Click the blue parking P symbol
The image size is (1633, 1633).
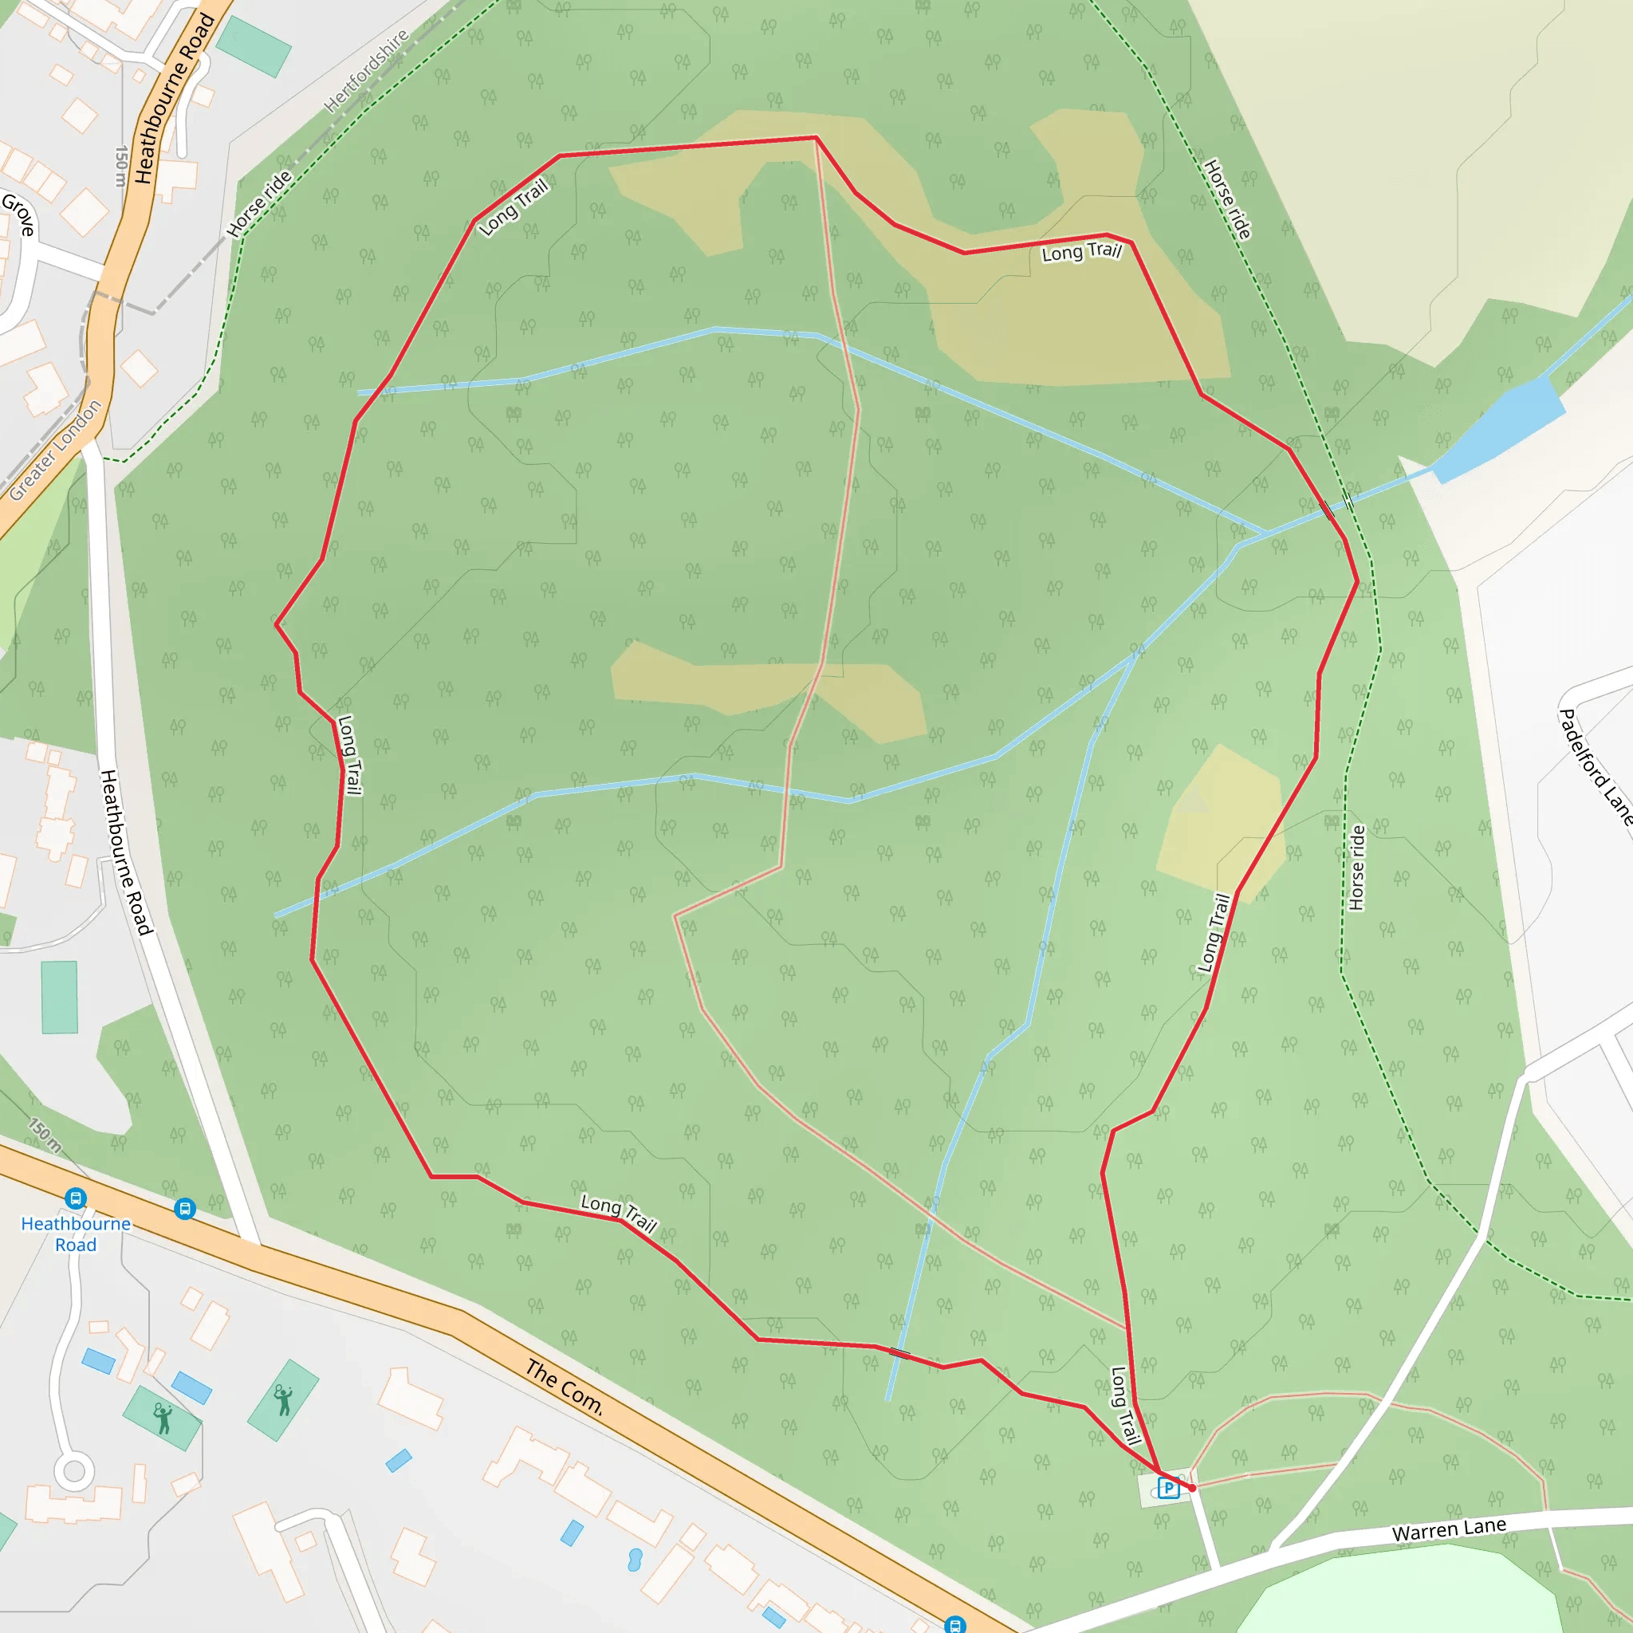tap(1168, 1489)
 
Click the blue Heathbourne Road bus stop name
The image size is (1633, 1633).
tap(76, 1234)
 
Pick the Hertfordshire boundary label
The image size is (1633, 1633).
tap(367, 71)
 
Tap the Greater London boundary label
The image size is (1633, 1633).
tap(55, 450)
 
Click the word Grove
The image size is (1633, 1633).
tap(18, 214)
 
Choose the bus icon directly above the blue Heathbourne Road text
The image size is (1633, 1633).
tap(75, 1198)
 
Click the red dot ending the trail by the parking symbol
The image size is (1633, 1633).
tap(1193, 1488)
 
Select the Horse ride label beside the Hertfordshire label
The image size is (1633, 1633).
tap(259, 203)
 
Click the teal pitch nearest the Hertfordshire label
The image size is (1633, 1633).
tap(254, 46)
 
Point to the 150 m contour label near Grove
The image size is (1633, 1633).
tap(122, 166)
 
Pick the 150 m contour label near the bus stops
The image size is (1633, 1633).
tap(45, 1135)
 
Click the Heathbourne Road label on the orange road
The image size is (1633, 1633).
tap(174, 97)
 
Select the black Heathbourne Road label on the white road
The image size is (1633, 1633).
tap(126, 852)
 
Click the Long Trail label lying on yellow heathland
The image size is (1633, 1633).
tap(1081, 252)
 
